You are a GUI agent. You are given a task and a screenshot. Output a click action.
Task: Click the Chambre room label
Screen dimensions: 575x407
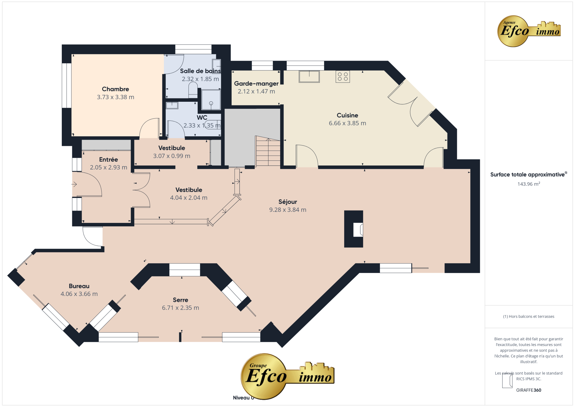coord(115,89)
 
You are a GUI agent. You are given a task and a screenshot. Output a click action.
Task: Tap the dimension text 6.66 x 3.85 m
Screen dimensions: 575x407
coord(347,123)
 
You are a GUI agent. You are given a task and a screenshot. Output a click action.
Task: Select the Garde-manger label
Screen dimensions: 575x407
coord(256,83)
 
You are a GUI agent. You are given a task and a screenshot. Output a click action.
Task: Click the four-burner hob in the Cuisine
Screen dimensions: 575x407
coord(343,76)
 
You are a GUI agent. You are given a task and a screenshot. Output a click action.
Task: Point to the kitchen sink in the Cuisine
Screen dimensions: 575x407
coord(309,76)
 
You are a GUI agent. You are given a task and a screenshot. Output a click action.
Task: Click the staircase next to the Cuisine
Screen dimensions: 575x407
coord(268,152)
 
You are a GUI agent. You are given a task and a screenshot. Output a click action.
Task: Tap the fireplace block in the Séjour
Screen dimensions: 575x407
coord(354,229)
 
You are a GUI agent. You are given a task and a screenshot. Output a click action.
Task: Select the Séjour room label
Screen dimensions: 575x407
coord(287,202)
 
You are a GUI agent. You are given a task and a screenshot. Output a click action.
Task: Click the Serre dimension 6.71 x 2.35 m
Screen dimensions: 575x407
coord(181,308)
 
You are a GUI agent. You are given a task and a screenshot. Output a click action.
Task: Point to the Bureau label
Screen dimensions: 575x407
coord(79,286)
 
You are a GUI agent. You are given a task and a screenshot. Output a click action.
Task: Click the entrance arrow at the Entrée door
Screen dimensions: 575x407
coord(74,184)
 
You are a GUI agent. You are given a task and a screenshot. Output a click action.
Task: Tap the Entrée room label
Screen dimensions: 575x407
coord(108,160)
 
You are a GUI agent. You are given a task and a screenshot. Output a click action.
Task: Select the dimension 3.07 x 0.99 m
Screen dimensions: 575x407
coord(172,156)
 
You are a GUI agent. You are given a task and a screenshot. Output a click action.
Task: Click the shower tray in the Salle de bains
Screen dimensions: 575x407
coord(211,100)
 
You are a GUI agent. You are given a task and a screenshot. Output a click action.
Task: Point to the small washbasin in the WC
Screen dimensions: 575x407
coord(172,105)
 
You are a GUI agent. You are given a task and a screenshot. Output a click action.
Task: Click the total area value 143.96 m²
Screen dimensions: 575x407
coord(529,184)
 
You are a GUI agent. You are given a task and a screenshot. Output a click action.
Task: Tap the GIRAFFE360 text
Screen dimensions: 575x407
coord(529,390)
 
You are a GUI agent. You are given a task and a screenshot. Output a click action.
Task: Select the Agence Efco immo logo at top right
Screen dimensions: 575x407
coord(529,31)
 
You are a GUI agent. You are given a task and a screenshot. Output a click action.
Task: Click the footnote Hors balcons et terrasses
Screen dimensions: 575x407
coord(529,316)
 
